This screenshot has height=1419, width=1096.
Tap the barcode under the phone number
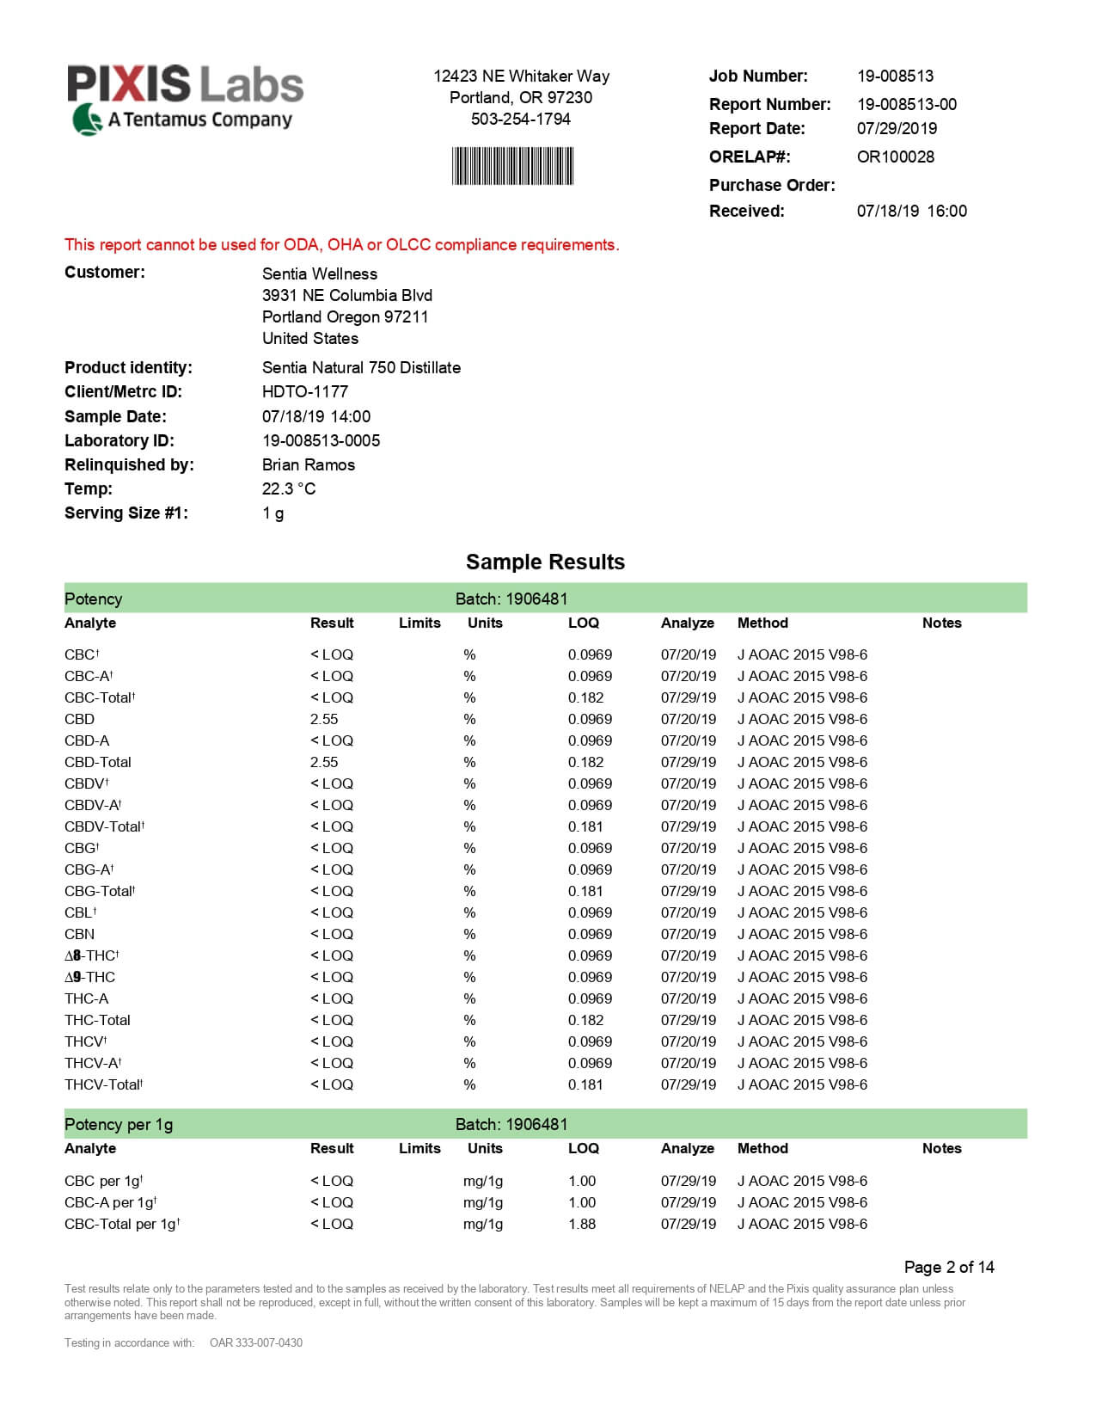click(x=512, y=166)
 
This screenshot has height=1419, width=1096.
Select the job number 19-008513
click(x=895, y=76)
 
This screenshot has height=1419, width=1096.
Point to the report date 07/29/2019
click(x=897, y=128)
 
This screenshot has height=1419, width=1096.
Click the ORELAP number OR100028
click(x=895, y=157)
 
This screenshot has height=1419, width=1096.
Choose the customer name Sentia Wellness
click(x=319, y=273)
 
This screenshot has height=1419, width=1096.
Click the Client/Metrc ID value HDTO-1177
click(x=304, y=391)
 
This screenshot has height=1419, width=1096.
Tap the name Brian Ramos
click(x=308, y=464)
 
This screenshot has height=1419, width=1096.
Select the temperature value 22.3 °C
click(x=288, y=488)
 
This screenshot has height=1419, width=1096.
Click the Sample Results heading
click(x=545, y=562)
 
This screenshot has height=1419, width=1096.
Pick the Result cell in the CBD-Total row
click(x=324, y=762)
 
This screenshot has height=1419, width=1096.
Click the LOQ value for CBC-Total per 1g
click(x=581, y=1224)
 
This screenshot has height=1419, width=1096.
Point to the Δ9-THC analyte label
click(x=89, y=977)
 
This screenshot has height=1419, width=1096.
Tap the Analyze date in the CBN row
click(x=688, y=934)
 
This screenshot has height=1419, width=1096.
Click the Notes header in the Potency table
click(x=941, y=623)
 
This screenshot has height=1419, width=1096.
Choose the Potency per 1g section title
click(x=119, y=1124)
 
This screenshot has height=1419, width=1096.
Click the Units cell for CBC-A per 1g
click(x=482, y=1202)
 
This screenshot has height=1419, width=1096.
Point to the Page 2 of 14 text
click(x=948, y=1267)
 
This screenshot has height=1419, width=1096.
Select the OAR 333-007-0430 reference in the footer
click(x=255, y=1342)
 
